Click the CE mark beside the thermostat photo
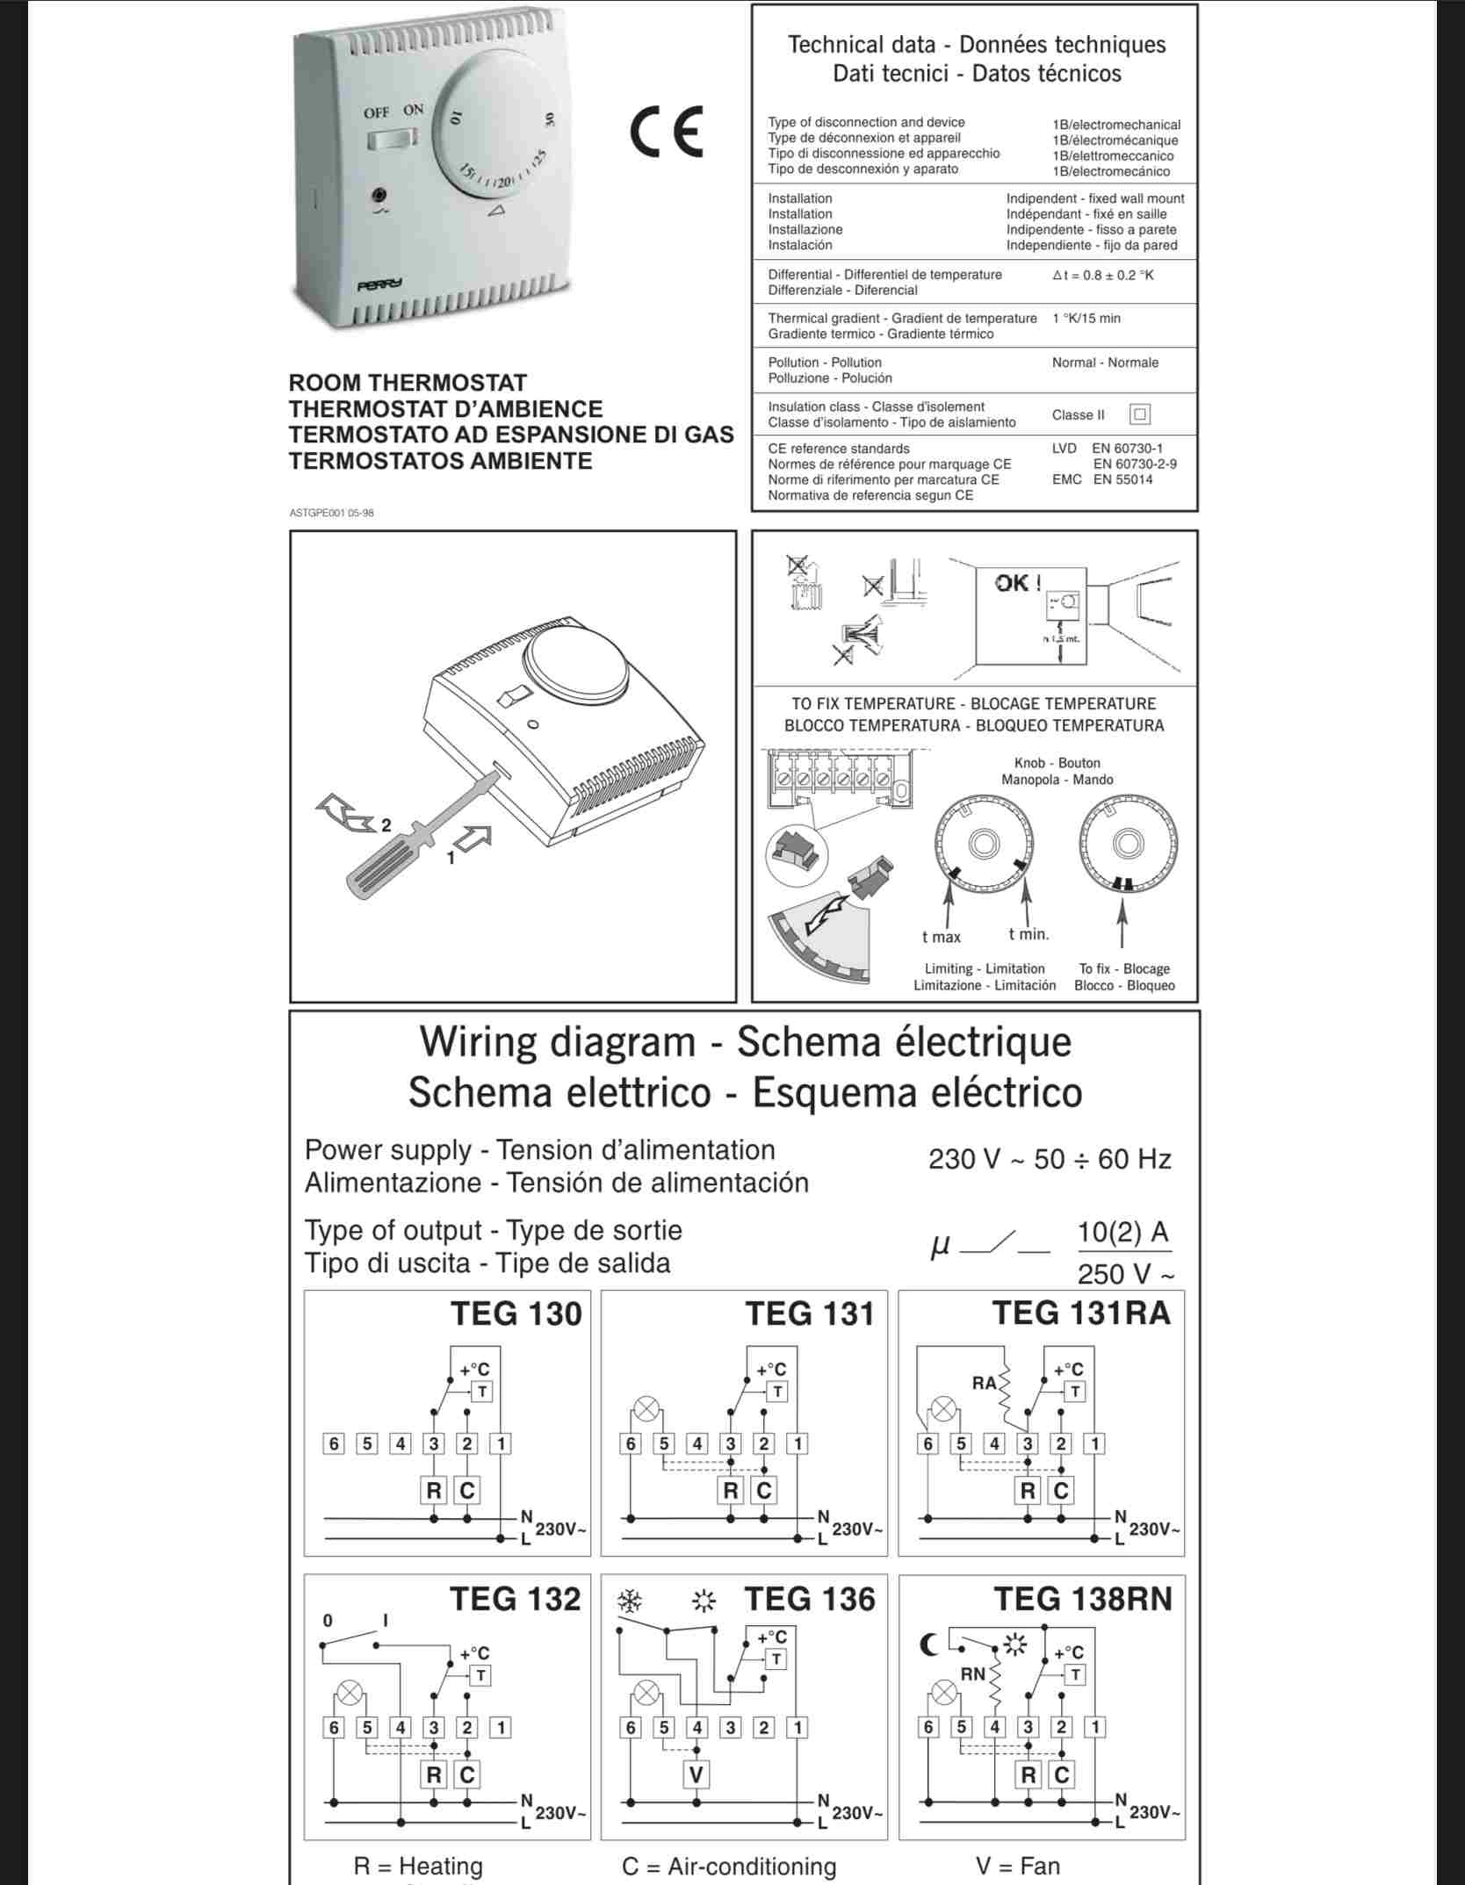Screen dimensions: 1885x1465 [666, 132]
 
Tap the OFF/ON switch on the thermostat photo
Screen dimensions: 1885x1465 [392, 138]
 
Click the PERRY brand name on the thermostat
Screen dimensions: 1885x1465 [379, 284]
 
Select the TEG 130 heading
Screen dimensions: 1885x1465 [516, 1314]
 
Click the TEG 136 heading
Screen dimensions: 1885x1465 [810, 1599]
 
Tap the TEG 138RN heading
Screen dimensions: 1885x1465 [1083, 1599]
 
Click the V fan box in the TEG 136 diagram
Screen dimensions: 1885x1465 [696, 1774]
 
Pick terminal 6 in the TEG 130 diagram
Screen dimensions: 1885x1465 [334, 1443]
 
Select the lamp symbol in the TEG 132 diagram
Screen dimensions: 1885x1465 [350, 1691]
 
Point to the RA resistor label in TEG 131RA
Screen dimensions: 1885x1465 [984, 1384]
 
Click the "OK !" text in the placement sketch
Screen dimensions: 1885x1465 [1018, 583]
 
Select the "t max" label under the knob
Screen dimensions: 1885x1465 [942, 937]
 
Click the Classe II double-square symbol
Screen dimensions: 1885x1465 [1140, 414]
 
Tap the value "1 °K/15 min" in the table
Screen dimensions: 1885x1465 [1086, 319]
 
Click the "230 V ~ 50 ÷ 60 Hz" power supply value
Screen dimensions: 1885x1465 [1050, 1159]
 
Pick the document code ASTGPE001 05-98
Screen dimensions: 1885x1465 [331, 513]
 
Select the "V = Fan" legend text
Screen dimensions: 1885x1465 [1018, 1866]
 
